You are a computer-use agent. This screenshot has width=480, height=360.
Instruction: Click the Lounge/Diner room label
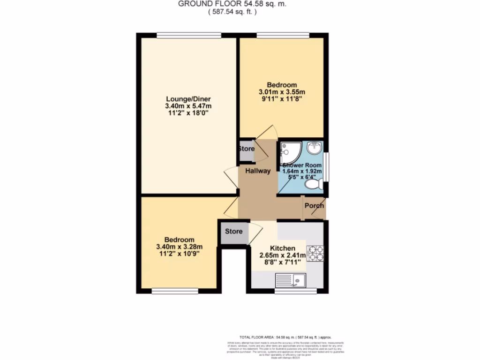pyautogui.click(x=188, y=99)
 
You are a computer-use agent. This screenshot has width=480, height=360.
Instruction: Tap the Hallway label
pyautogui.click(x=257, y=171)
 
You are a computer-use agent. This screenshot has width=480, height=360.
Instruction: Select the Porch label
pyautogui.click(x=314, y=206)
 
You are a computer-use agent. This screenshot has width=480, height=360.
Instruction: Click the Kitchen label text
pyautogui.click(x=283, y=248)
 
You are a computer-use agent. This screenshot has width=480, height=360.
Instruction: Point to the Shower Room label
pyautogui.click(x=302, y=165)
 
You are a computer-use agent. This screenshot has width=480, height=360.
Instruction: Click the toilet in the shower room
pyautogui.click(x=312, y=186)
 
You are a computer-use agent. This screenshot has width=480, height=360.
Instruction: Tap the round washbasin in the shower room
pyautogui.click(x=314, y=149)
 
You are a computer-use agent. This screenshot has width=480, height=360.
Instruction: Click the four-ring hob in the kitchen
pyautogui.click(x=315, y=253)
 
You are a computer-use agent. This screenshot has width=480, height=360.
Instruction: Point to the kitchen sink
pyautogui.click(x=290, y=281)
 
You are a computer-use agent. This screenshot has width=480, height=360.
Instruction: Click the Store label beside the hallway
pyautogui.click(x=246, y=149)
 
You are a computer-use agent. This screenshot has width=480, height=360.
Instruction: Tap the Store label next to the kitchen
pyautogui.click(x=233, y=232)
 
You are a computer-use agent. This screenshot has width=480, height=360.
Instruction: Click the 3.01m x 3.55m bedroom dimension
pyautogui.click(x=282, y=92)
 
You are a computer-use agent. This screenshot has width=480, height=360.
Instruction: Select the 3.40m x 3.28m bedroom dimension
pyautogui.click(x=180, y=247)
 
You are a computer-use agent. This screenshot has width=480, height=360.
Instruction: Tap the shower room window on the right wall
pyautogui.click(x=327, y=166)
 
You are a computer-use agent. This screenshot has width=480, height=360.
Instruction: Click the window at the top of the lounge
pyautogui.click(x=188, y=35)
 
